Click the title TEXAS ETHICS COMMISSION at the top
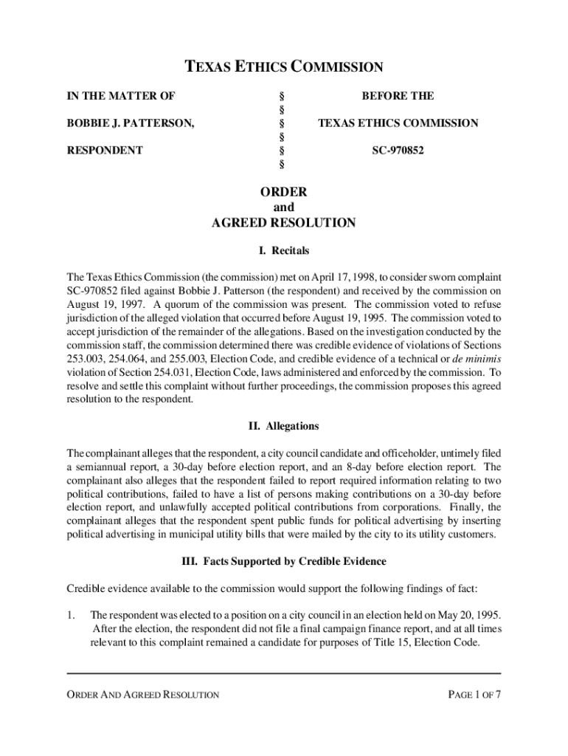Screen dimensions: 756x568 [x=283, y=68]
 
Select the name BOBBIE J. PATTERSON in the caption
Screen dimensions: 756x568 [x=131, y=123]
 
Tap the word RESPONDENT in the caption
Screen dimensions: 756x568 [x=105, y=150]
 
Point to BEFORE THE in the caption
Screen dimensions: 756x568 [x=398, y=96]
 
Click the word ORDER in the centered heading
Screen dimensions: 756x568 [x=283, y=192]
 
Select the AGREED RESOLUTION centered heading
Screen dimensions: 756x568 [x=283, y=223]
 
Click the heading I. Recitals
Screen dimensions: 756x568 [x=283, y=251]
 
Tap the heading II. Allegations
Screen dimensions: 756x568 [x=283, y=426]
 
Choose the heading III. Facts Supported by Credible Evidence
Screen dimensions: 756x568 [x=283, y=562]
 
